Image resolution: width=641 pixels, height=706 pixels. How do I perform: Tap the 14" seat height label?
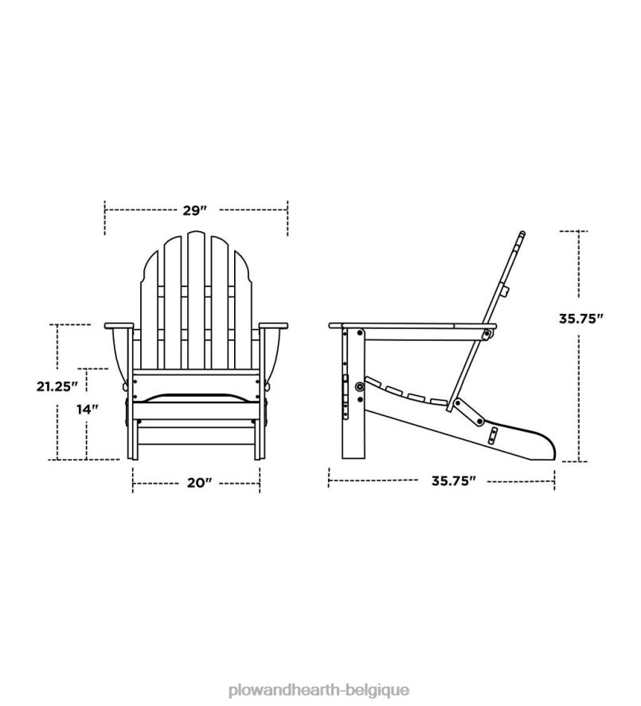click(87, 410)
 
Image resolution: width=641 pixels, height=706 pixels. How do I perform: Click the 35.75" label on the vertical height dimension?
click(580, 318)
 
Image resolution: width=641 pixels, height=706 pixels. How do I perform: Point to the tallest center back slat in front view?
click(196, 295)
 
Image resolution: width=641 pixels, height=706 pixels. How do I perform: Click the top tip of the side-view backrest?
click(521, 234)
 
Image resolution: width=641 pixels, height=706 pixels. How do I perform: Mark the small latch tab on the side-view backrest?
click(505, 292)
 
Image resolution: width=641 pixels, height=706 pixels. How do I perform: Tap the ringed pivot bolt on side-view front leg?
click(360, 386)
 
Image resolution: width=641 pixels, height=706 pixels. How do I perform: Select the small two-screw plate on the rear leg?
click(493, 434)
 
